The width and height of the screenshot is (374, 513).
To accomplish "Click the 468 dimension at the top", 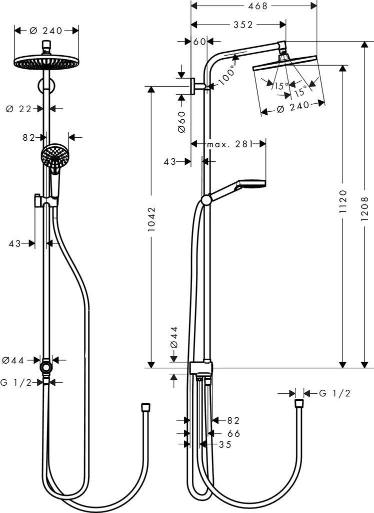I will (255, 6).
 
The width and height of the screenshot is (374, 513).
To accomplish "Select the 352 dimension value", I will (243, 25).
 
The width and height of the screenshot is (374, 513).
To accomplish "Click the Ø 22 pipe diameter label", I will (19, 109).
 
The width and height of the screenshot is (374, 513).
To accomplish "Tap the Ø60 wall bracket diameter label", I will (181, 122).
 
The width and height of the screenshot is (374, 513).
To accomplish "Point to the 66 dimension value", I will (220, 433).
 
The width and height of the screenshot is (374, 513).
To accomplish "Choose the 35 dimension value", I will (225, 444).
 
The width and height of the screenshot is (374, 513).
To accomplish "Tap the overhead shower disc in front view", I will (45, 63).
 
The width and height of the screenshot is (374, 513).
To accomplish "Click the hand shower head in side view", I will (252, 183).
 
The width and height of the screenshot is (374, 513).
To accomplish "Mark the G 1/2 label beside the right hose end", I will (334, 394).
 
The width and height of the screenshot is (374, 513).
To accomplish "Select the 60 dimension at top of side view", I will (199, 42).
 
